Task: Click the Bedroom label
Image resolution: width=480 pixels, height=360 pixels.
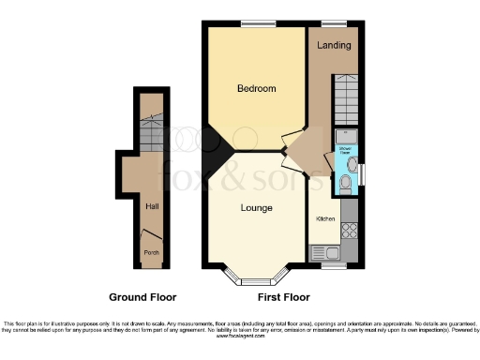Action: (x=256, y=89)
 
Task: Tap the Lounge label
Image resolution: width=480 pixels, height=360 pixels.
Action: (x=256, y=207)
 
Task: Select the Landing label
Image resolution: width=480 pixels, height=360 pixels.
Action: (x=334, y=45)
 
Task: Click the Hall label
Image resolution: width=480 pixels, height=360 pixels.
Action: (x=151, y=206)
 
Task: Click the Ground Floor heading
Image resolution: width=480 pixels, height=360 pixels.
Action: (x=142, y=297)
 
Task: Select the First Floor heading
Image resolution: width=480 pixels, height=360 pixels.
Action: (x=283, y=297)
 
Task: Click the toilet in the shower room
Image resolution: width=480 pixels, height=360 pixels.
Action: (x=345, y=185)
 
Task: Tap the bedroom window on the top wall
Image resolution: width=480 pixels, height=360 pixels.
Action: (x=256, y=22)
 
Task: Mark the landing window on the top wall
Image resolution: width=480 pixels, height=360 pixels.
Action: (x=334, y=22)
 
